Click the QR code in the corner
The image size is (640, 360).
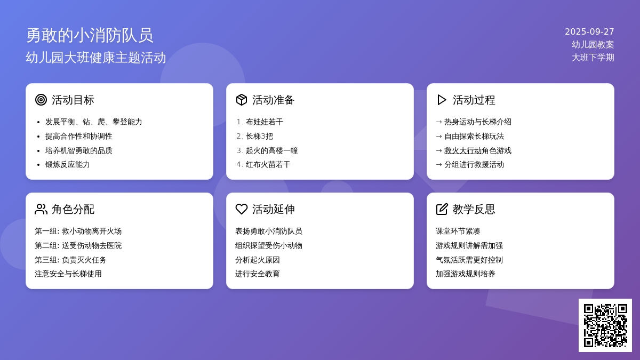pyautogui.click(x=605, y=325)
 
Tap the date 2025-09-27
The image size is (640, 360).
pyautogui.click(x=589, y=31)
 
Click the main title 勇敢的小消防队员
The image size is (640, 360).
pyautogui.click(x=90, y=35)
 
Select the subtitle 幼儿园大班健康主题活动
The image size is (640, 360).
pyautogui.click(x=95, y=58)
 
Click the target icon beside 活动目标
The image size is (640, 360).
pyautogui.click(x=41, y=100)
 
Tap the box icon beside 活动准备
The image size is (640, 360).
pyautogui.click(x=242, y=100)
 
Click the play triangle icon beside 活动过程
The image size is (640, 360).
pyautogui.click(x=442, y=100)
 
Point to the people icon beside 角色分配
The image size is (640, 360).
pyautogui.click(x=41, y=209)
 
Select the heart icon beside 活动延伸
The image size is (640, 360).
pyautogui.click(x=242, y=209)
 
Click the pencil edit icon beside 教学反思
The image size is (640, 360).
pyautogui.click(x=442, y=209)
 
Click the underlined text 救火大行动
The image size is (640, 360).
pyautogui.click(x=463, y=150)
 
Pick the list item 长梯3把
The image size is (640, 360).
pyautogui.click(x=259, y=137)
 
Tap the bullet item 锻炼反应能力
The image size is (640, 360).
pyautogui.click(x=67, y=165)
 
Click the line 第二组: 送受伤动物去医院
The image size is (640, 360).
pyautogui.click(x=78, y=245)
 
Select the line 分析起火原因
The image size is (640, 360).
pyautogui.click(x=258, y=260)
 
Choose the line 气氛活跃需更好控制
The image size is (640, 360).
pyautogui.click(x=469, y=260)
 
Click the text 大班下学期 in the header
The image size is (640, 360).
pyautogui.click(x=593, y=58)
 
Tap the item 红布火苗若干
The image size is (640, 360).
pyautogui.click(x=268, y=165)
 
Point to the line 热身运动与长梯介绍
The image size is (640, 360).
pyautogui.click(x=478, y=122)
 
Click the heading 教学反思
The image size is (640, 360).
pyautogui.click(x=474, y=209)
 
